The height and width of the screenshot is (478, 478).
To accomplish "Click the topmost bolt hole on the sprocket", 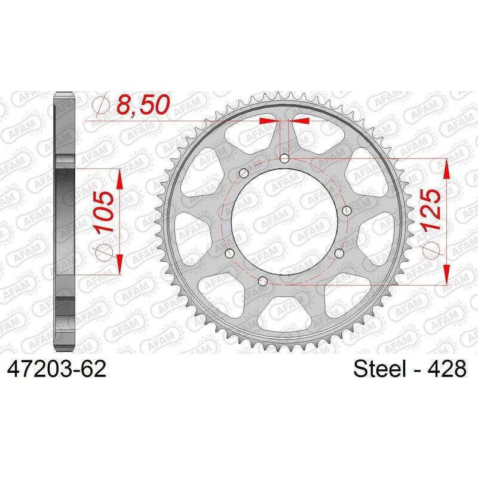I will [284, 158].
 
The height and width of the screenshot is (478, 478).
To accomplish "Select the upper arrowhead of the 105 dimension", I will [120, 177].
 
